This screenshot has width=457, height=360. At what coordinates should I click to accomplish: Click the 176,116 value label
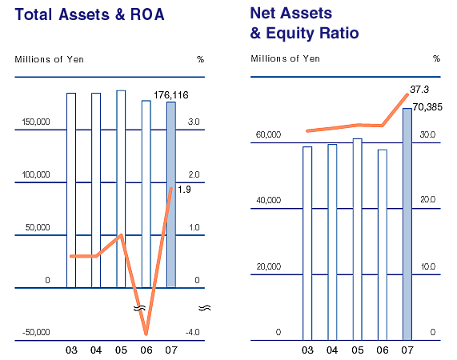171,95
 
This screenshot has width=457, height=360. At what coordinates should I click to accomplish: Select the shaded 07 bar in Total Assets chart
171,194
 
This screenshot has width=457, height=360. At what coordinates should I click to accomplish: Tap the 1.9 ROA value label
184,190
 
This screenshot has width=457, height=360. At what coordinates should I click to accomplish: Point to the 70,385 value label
427,107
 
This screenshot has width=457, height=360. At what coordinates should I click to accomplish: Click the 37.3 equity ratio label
419,90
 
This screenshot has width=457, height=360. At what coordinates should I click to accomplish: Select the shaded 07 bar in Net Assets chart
407,224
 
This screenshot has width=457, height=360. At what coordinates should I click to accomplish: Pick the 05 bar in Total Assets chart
121,189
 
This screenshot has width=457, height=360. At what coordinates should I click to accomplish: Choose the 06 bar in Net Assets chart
383,245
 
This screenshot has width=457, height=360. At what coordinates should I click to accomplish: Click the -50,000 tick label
36,332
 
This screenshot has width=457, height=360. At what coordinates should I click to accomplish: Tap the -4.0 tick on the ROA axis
193,332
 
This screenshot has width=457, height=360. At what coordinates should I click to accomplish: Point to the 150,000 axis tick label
36,122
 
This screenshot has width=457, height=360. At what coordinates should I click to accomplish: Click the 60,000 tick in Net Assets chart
268,134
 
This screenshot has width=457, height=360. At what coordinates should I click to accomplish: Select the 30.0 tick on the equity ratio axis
427,134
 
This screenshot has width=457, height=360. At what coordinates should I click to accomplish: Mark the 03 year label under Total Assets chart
71,350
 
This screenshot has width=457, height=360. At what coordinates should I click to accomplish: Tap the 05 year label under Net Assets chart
357,350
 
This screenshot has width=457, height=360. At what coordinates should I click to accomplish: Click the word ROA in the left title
147,14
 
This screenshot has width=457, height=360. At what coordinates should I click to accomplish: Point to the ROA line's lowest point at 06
146,334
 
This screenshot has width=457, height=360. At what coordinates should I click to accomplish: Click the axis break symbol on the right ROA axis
205,308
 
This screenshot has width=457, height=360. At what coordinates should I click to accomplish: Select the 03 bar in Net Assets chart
307,243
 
